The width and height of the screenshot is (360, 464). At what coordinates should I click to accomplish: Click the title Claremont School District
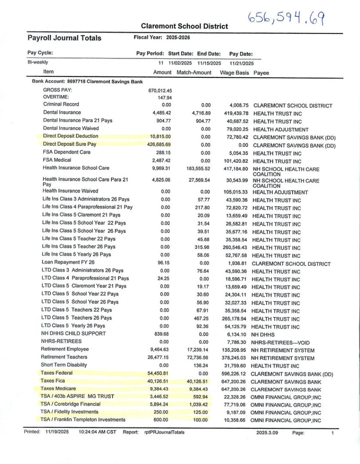(x=184, y=26)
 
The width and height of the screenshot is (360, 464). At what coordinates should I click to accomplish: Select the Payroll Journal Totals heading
(x=64, y=38)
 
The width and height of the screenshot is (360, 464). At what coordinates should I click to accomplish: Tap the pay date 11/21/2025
(x=241, y=63)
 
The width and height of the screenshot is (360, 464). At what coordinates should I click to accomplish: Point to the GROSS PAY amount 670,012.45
(x=160, y=90)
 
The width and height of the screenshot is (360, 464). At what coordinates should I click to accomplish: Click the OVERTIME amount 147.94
(x=165, y=98)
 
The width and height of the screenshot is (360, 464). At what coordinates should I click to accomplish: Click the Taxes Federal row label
(x=57, y=373)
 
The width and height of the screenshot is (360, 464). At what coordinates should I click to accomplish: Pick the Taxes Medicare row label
(x=58, y=389)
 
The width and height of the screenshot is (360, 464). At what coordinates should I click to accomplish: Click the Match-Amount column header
(x=194, y=72)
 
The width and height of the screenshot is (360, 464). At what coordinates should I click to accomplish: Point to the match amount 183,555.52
(x=196, y=168)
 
